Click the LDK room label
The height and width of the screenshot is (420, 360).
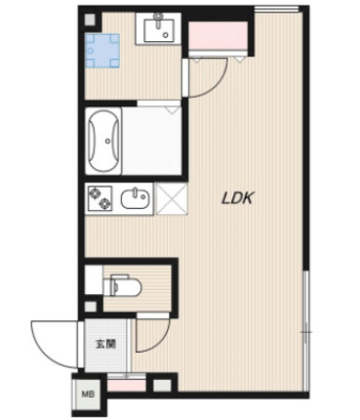237,197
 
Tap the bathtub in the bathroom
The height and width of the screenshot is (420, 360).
103,141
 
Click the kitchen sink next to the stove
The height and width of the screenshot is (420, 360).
136,199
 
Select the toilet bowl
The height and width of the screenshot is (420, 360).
124,286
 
